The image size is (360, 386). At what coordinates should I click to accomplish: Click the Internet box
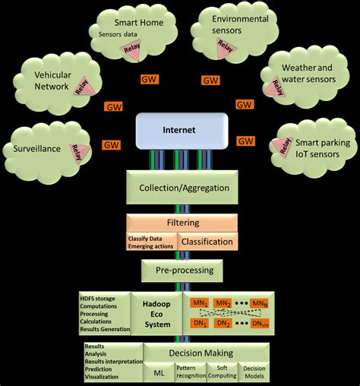pos(180,130)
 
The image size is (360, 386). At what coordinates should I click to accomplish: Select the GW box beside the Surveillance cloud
pos(112,144)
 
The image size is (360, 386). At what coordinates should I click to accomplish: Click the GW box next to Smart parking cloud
pos(245,141)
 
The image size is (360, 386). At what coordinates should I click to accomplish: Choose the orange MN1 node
pos(199,302)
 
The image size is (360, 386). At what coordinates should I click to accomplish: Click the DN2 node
pos(223,323)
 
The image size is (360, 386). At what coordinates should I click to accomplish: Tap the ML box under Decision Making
pos(159,372)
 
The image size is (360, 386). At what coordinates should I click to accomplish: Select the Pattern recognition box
pos(191,372)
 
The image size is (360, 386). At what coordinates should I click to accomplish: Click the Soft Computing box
pos(222,372)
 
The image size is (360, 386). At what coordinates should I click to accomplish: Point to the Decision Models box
pos(254,372)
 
